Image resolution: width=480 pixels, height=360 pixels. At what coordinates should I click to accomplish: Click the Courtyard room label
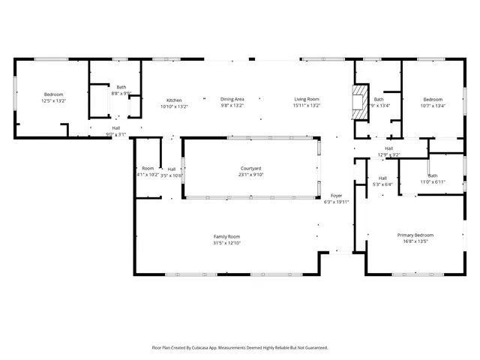point(250,169)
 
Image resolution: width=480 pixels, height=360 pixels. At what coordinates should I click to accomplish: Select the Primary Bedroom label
point(415,235)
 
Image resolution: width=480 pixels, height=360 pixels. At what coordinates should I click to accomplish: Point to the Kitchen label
point(174,100)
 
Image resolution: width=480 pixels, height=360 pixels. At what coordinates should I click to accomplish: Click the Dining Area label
point(232,99)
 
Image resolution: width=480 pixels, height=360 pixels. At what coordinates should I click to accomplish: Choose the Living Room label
point(307,99)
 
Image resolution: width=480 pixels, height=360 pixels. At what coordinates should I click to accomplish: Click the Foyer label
point(337,196)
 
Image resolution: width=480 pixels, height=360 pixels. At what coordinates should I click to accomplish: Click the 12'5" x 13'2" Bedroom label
point(53,94)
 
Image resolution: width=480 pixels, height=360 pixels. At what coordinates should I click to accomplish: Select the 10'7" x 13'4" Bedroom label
point(433,100)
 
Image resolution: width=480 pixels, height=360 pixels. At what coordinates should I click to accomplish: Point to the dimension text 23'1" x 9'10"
point(250,175)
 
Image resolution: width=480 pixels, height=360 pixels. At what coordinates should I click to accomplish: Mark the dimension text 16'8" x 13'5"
point(415,242)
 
